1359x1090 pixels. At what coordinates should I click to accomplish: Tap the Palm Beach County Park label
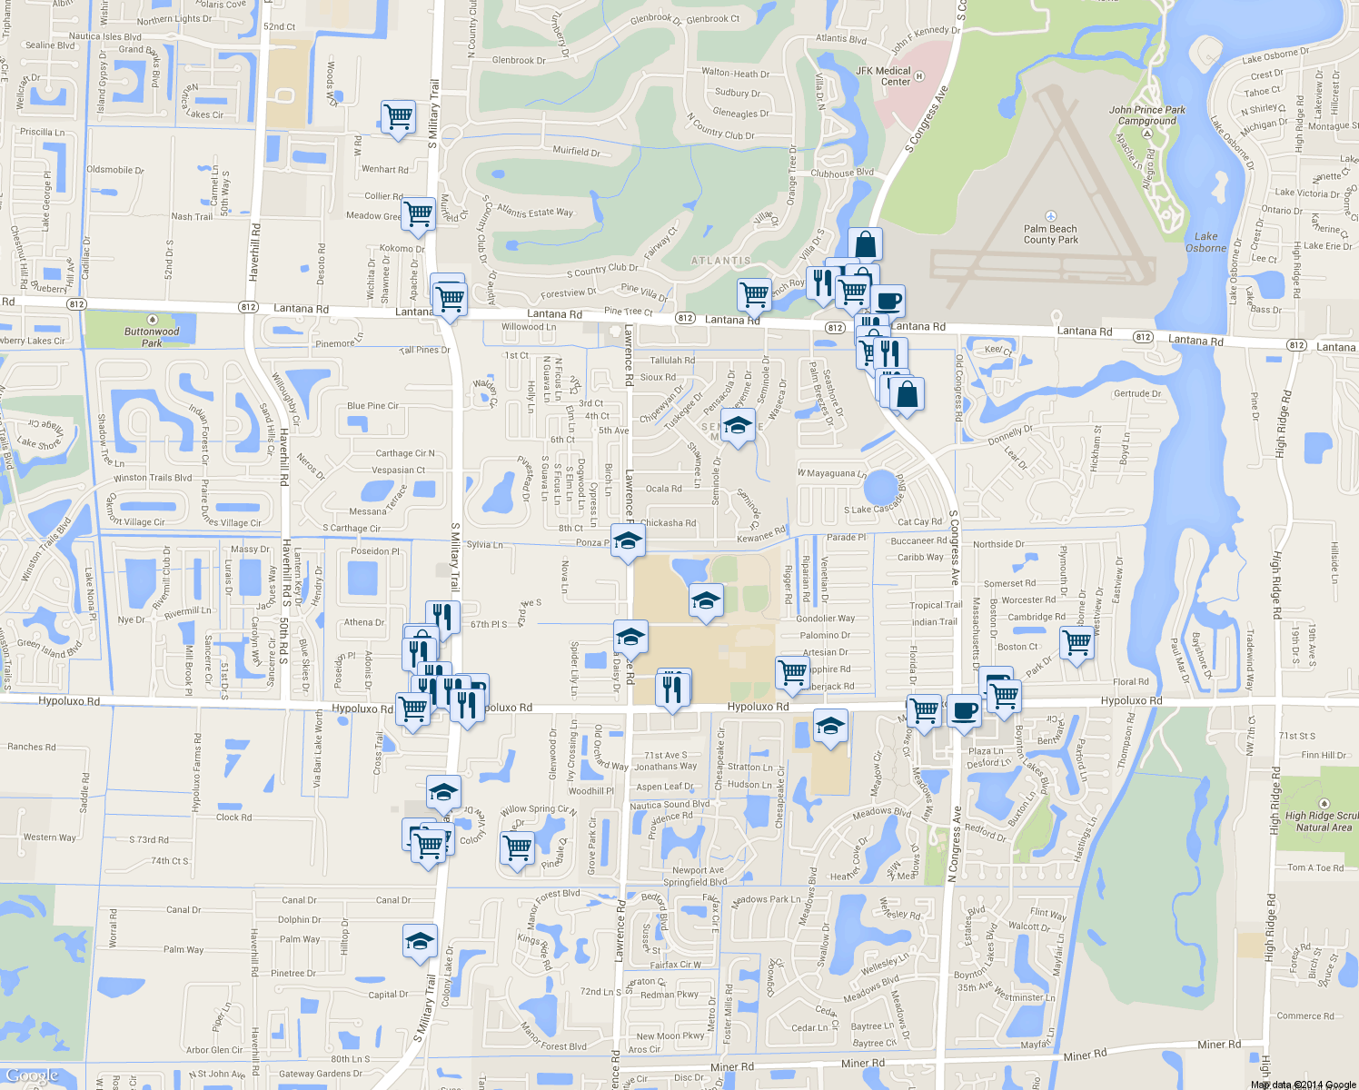point(1050,234)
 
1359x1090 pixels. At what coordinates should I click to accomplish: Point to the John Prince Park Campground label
point(1146,115)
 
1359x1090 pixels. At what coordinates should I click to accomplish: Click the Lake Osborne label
point(1205,242)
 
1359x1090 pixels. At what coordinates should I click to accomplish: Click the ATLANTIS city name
point(721,261)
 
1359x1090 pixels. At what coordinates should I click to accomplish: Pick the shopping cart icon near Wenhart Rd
point(398,116)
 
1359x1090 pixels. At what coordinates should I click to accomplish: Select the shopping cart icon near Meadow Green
point(418,214)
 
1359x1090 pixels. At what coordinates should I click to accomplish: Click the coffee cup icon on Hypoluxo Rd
point(964,710)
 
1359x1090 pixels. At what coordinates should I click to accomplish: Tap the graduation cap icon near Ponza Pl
point(628,541)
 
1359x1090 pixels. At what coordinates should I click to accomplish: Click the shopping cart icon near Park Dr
point(1076,642)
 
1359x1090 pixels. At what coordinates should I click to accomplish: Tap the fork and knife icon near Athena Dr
point(442,617)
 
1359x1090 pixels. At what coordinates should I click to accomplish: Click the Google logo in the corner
point(32,1076)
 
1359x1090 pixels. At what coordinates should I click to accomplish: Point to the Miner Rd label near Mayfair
point(1085,1055)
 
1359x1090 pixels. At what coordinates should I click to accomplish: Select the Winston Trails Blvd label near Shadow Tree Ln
point(153,478)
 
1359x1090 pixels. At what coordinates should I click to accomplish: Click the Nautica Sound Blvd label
point(670,805)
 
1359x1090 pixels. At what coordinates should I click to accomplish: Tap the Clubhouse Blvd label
point(842,173)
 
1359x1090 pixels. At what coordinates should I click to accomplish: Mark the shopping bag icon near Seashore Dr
point(907,394)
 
